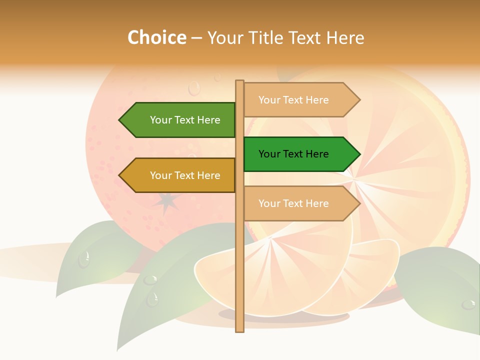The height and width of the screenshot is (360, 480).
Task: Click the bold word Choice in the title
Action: [156, 37]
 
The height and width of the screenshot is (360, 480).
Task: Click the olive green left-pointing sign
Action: [180, 120]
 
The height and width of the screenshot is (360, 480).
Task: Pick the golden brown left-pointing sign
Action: [180, 175]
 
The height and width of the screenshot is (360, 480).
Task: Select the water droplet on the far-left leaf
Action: [84, 259]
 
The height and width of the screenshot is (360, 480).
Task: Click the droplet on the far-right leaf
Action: [468, 304]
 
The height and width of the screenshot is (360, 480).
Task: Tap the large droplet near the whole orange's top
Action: [194, 88]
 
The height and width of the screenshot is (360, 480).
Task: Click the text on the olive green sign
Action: [185, 120]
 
